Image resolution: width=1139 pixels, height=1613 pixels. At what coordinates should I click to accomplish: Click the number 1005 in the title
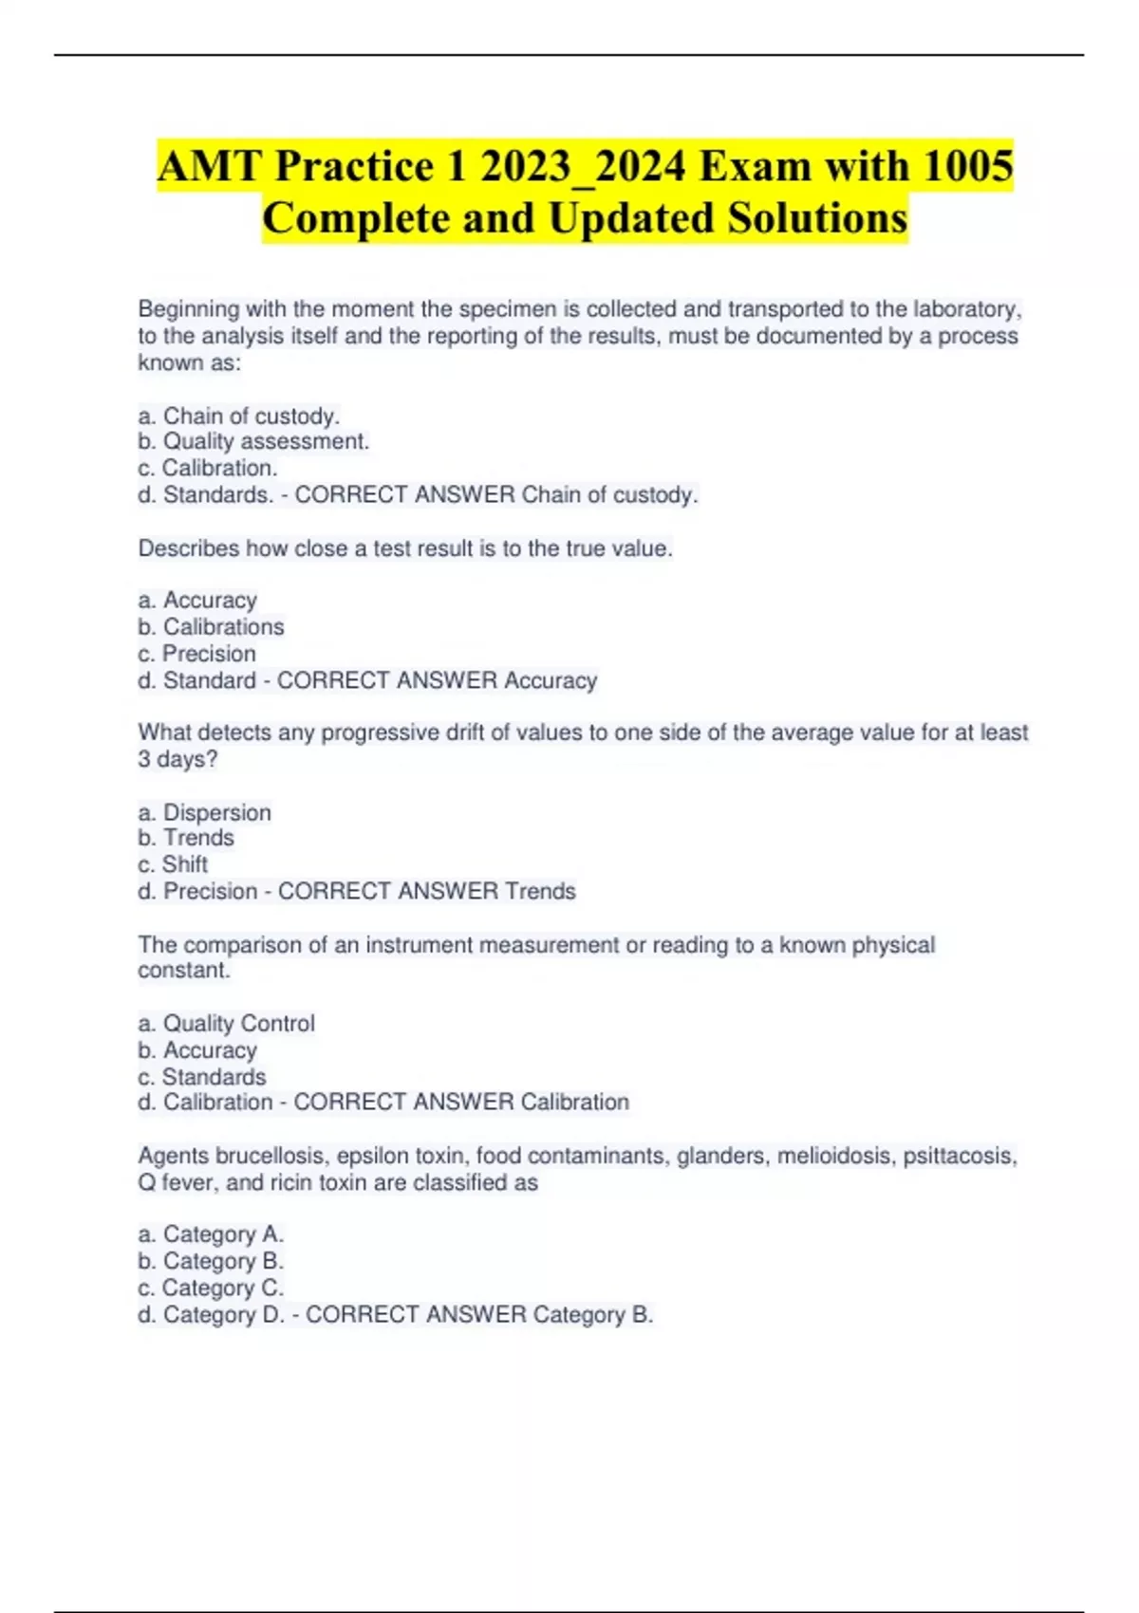pyautogui.click(x=967, y=166)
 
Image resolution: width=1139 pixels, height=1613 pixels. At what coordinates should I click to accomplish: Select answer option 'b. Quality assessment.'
pyautogui.click(x=253, y=441)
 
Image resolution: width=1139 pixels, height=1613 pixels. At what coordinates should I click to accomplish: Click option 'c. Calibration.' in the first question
pyautogui.click(x=208, y=468)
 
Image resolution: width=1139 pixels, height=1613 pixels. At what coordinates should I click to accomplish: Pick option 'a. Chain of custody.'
pyautogui.click(x=239, y=416)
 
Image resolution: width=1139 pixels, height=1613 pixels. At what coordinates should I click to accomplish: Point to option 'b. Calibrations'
pyautogui.click(x=211, y=626)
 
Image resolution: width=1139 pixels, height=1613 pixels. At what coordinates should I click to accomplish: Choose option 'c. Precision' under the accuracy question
pyautogui.click(x=196, y=653)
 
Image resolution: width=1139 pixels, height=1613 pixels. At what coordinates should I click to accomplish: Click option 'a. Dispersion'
pyautogui.click(x=204, y=812)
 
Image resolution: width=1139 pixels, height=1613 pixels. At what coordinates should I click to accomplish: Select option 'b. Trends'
pyautogui.click(x=186, y=838)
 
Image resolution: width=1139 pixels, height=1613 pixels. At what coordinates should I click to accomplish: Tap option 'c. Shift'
pyautogui.click(x=173, y=864)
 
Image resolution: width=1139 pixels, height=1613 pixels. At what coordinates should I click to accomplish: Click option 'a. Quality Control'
pyautogui.click(x=226, y=1023)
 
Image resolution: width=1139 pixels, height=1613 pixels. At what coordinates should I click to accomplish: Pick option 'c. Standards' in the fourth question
pyautogui.click(x=202, y=1077)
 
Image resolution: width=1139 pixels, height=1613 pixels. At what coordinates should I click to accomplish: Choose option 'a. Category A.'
pyautogui.click(x=211, y=1234)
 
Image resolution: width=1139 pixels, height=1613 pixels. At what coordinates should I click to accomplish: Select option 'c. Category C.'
pyautogui.click(x=211, y=1288)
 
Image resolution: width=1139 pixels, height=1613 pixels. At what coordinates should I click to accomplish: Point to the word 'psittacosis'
pyautogui.click(x=958, y=1156)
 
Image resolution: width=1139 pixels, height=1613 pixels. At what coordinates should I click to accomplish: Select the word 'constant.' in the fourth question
pyautogui.click(x=184, y=971)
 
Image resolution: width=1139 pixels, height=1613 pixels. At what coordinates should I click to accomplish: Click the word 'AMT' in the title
pyautogui.click(x=210, y=166)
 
